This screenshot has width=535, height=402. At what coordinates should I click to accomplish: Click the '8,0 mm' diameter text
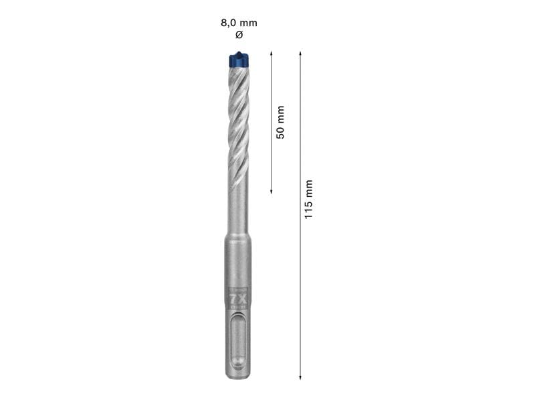[239, 23]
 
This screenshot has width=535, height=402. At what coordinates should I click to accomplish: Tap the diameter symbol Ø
[239, 34]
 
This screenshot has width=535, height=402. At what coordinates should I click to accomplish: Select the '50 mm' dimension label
[280, 122]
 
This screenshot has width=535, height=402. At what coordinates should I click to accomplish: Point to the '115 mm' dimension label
[308, 200]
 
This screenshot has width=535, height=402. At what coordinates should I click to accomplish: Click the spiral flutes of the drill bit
[239, 121]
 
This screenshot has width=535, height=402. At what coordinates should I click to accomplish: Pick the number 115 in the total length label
[308, 209]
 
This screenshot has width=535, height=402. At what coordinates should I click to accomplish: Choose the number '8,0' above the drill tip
[230, 23]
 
